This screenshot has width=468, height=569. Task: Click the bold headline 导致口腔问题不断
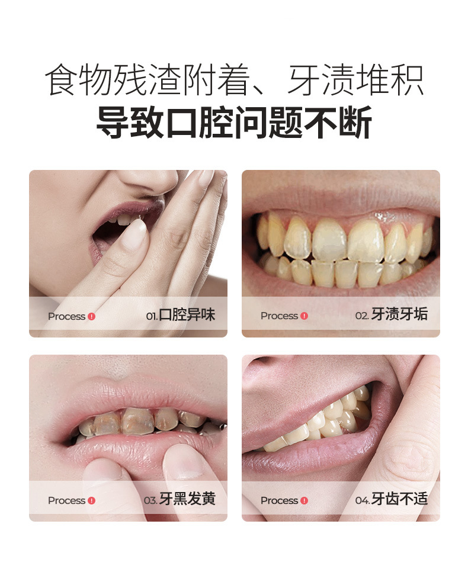(x=234, y=123)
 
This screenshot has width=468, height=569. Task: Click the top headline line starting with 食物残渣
(x=234, y=80)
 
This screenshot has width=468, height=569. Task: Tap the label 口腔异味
(x=187, y=316)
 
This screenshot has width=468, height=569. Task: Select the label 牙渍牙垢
(x=399, y=315)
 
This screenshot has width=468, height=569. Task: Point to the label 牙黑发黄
(x=187, y=500)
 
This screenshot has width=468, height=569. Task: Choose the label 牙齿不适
(x=399, y=500)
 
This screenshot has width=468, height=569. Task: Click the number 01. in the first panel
(x=152, y=316)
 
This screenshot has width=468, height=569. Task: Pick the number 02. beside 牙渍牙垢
(x=362, y=316)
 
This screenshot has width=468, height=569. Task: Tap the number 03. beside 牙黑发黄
(x=150, y=500)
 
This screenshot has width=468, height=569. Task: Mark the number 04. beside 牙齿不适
(x=363, y=500)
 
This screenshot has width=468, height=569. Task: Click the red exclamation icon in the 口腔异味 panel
(x=91, y=316)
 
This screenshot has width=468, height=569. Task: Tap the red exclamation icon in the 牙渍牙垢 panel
(x=304, y=316)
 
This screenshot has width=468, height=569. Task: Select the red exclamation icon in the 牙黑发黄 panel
(x=91, y=500)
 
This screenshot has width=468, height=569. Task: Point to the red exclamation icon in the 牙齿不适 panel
(x=304, y=500)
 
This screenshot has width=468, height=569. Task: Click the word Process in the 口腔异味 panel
(x=66, y=316)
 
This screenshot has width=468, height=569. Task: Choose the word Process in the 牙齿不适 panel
(x=279, y=500)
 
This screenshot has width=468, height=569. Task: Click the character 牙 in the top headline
(x=303, y=80)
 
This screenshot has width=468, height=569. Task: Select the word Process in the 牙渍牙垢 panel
(x=279, y=316)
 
